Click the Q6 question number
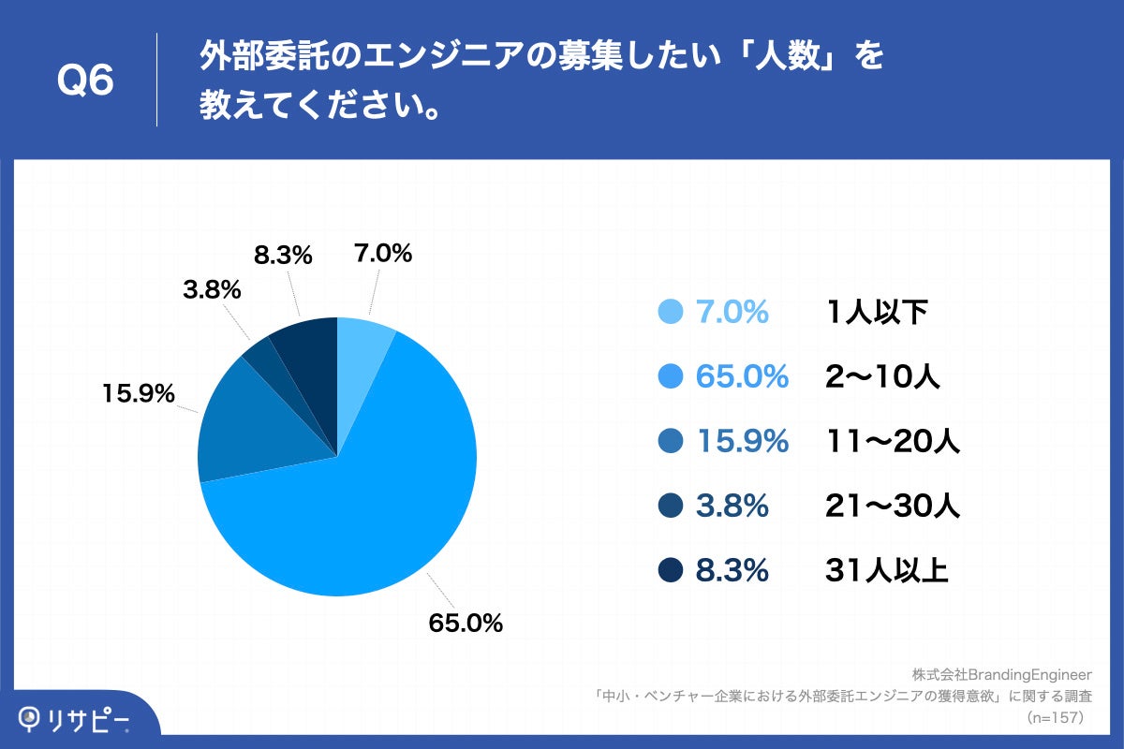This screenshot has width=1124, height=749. pos(85,81)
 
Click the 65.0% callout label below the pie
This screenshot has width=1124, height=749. pos(466,623)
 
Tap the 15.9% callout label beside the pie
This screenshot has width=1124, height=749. pos(139,394)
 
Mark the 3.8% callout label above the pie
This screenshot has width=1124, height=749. pos(212,290)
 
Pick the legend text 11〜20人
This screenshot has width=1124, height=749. pos(893,441)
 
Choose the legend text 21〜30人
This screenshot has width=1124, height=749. pos(893,506)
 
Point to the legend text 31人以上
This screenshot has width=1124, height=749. pos(887,570)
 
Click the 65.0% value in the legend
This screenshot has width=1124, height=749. pos(742,376)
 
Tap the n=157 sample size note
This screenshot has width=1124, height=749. pos(1056,718)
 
